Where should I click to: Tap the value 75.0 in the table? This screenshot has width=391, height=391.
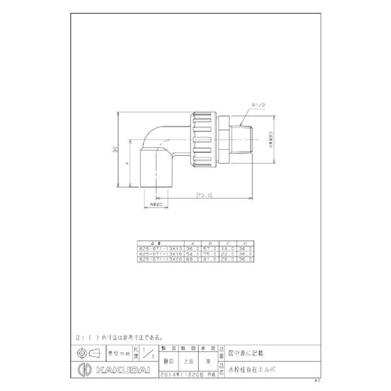pos(211,254)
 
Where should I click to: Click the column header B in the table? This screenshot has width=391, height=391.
pos(211,242)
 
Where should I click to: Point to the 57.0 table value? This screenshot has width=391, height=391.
pos(211,248)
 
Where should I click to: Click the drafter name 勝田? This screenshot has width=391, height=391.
pos(168,362)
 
